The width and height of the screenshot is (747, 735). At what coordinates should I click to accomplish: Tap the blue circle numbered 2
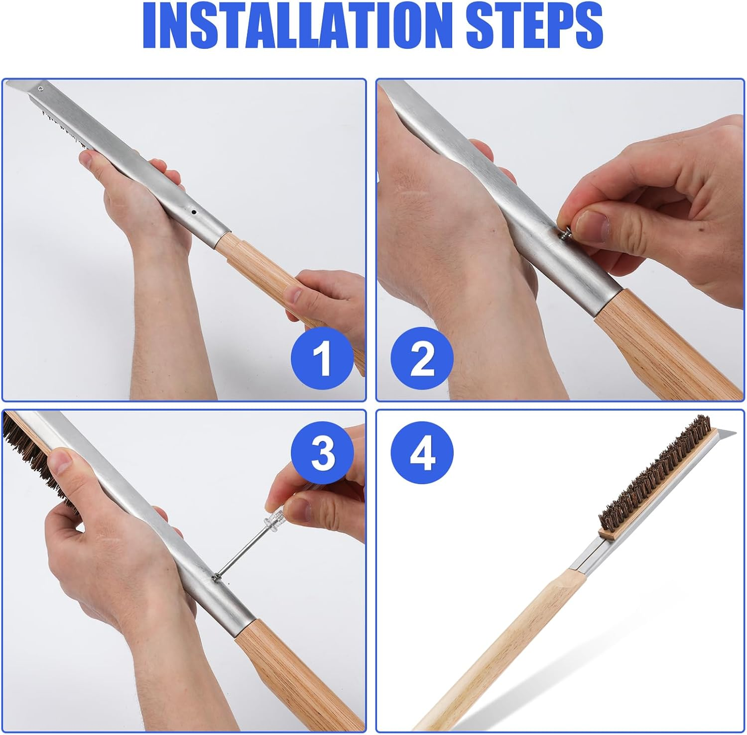point(422,358)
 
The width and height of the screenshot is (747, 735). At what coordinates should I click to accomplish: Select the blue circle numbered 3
point(322,453)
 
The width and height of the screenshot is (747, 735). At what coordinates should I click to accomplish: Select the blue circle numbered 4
point(422,453)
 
